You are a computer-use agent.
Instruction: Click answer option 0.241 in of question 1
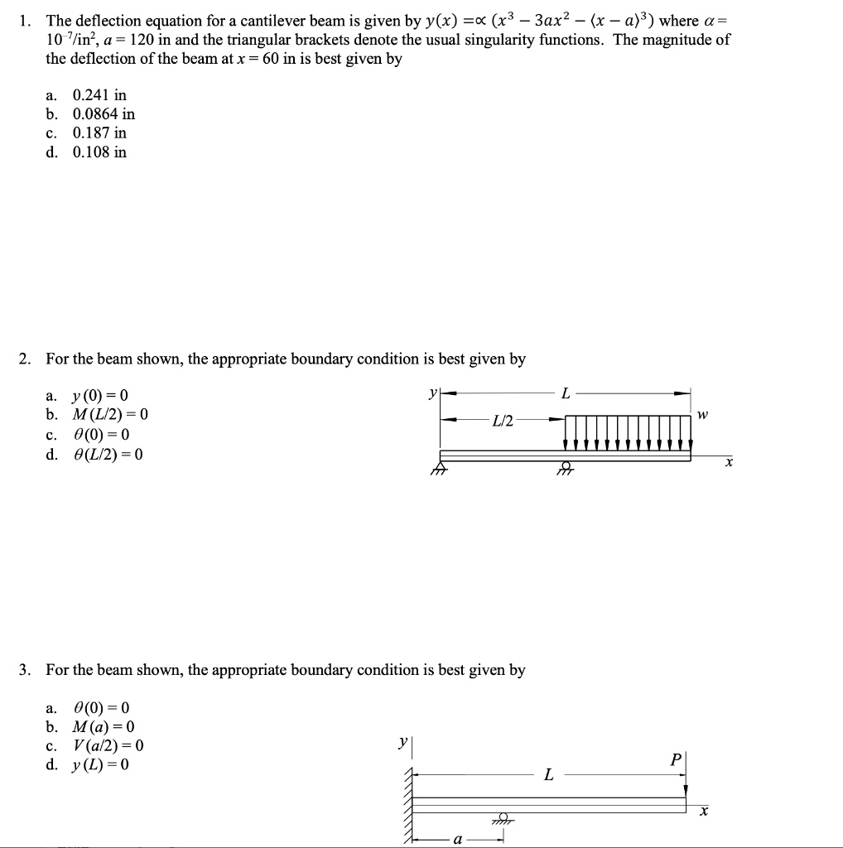(99, 94)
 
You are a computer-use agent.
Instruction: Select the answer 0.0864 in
(104, 113)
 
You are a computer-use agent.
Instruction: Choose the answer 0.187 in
(99, 132)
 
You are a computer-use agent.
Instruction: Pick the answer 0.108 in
(99, 152)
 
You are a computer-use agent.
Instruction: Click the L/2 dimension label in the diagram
(502, 422)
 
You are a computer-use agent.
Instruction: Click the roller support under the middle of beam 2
(566, 469)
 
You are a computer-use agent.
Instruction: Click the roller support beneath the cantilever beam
(500, 817)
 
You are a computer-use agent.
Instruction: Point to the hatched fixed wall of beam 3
(407, 803)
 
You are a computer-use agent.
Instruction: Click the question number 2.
(25, 359)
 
